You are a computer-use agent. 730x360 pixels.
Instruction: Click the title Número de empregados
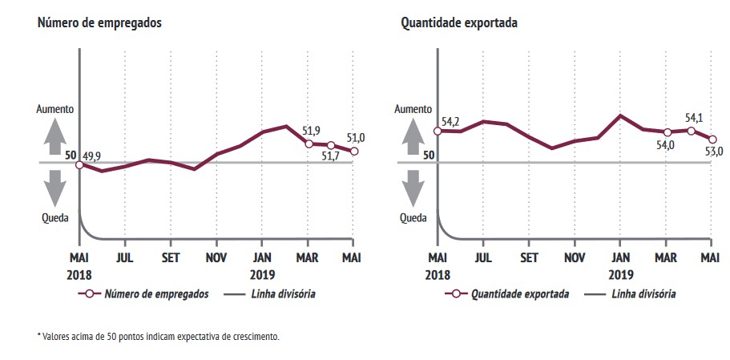click(x=99, y=23)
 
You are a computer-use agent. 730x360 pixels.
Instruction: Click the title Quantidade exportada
click(x=459, y=23)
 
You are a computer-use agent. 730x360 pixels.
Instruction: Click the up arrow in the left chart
click(x=54, y=136)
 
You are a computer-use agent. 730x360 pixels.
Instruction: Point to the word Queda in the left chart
click(x=54, y=217)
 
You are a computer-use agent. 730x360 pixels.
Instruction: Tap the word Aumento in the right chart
click(x=413, y=107)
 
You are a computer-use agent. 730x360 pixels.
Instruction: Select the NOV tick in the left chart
click(x=216, y=258)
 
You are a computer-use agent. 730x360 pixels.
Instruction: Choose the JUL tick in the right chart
click(x=482, y=258)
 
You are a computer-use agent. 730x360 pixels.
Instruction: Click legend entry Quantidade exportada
click(x=520, y=294)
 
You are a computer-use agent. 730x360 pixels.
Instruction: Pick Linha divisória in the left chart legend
click(x=281, y=294)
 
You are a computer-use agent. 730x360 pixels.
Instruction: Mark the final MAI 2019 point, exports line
click(x=712, y=140)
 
